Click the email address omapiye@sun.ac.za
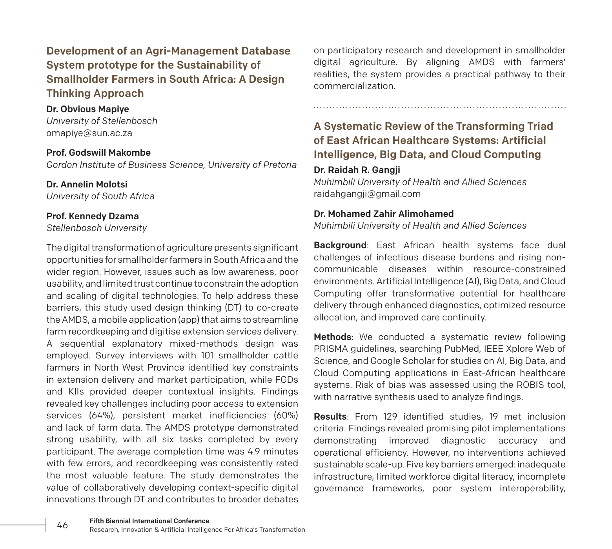(89, 133)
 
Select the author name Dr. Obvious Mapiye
(87, 109)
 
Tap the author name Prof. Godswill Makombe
(98, 153)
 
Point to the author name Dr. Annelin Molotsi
(87, 184)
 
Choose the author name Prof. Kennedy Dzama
(93, 216)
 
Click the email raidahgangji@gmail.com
(367, 194)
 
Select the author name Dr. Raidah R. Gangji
(357, 170)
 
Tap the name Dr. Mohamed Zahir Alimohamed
(384, 214)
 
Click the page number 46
(62, 525)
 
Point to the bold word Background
(340, 245)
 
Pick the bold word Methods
(332, 337)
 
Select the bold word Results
(330, 416)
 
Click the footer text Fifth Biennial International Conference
(149, 521)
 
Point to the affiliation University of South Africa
(100, 196)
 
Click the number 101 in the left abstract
(207, 356)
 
